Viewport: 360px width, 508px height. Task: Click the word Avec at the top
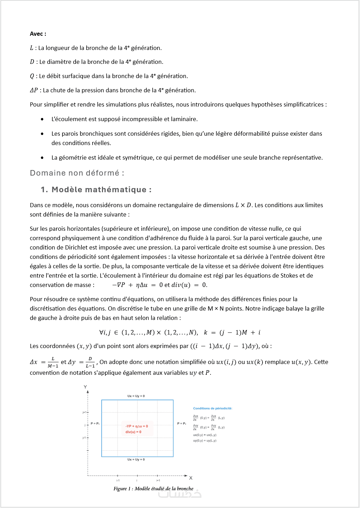(36, 34)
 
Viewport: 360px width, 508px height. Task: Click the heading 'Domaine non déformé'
(77, 173)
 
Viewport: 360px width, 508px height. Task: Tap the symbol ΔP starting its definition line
(34, 90)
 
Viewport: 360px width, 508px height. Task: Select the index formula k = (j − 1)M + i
(232, 332)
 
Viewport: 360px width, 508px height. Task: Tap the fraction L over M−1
(53, 362)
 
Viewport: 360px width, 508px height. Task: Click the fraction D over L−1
(90, 362)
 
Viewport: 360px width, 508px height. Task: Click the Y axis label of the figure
(85, 387)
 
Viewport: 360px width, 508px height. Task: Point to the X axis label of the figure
(191, 478)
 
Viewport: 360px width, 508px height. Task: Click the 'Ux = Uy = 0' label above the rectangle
(136, 396)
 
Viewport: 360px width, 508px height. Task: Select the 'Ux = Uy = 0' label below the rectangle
(136, 459)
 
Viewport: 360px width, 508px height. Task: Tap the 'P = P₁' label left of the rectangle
(95, 423)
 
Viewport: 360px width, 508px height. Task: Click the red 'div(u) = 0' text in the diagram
(133, 432)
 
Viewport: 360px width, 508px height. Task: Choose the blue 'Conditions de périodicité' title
(213, 408)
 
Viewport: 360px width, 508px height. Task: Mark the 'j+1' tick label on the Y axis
(84, 412)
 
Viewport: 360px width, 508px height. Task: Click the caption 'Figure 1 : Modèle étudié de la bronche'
(153, 489)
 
